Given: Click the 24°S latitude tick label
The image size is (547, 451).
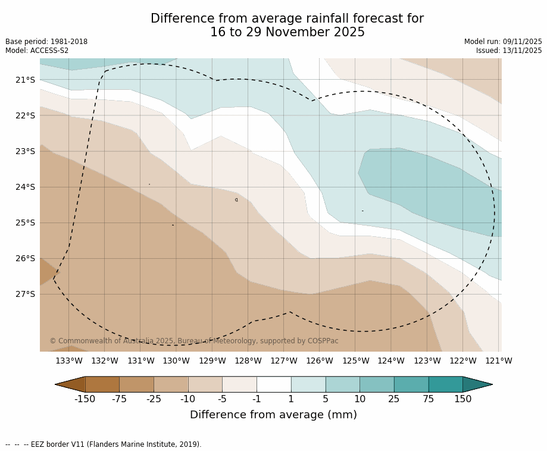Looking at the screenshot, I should (x=25, y=187).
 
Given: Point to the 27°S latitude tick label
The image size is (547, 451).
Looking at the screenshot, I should (x=25, y=294).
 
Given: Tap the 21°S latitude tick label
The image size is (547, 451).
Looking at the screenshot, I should (x=25, y=80).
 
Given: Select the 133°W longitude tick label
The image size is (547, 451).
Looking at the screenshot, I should (x=69, y=361).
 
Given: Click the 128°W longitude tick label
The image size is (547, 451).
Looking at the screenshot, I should (x=248, y=361).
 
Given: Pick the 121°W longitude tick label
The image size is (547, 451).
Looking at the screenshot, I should (x=499, y=361).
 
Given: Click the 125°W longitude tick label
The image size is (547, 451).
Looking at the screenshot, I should (x=355, y=361).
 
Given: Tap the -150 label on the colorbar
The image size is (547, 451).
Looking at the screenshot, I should (x=85, y=399).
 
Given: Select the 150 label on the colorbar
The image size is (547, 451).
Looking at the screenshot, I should (x=462, y=399).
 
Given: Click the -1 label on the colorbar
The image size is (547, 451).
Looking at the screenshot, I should (x=257, y=399).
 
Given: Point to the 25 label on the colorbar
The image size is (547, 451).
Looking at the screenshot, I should (x=394, y=399).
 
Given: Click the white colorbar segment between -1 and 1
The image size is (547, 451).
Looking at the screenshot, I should (x=274, y=384).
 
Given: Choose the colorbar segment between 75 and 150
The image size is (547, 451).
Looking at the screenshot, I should (x=445, y=384).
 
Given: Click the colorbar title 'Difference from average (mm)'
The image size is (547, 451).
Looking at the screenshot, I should (x=273, y=415).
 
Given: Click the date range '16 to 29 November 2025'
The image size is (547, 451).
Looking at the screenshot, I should (x=287, y=33).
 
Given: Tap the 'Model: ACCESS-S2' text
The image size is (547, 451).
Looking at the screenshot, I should (x=37, y=51).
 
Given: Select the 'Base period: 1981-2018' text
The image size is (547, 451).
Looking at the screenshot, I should (x=46, y=42).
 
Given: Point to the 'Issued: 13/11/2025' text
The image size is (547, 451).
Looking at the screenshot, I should (x=509, y=51).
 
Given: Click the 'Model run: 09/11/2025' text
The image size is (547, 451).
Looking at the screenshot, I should (x=503, y=42).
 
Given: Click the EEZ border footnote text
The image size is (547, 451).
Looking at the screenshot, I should (x=104, y=444).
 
